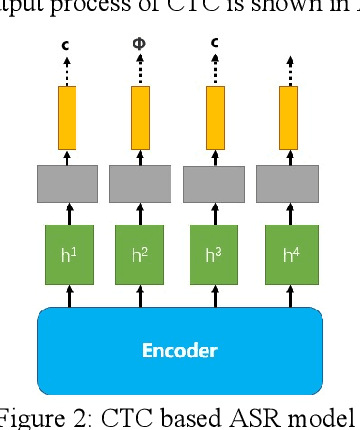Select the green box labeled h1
click(67, 255)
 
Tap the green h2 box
click(140, 255)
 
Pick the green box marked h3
click(214, 255)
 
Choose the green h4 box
click(288, 255)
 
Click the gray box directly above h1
click(67, 184)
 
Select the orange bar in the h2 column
click(140, 115)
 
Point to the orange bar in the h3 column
click(214, 115)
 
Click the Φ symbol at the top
click(139, 45)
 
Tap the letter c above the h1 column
click(66, 45)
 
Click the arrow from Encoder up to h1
click(67, 295)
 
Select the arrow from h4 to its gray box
click(288, 215)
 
